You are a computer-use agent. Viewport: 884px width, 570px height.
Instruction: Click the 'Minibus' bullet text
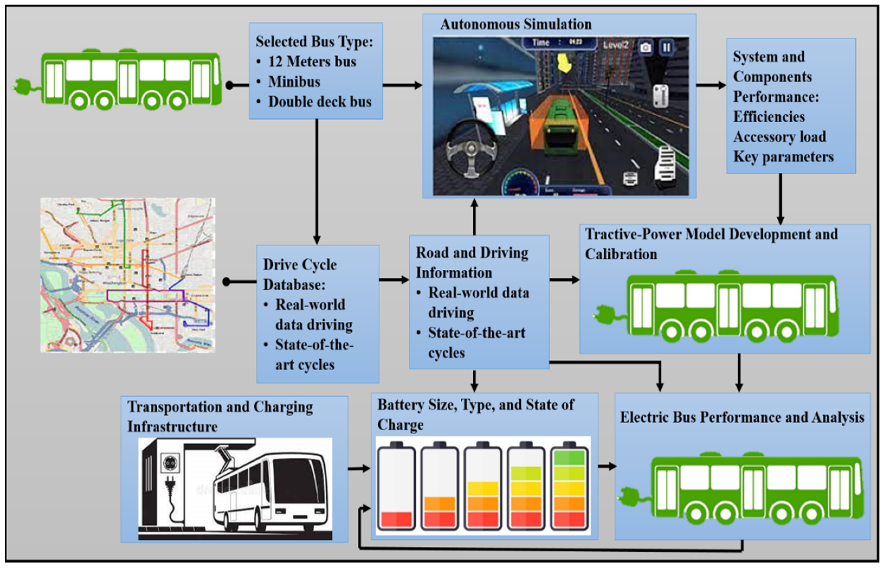pos(294,82)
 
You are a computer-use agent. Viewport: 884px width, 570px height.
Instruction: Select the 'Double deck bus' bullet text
pos(320,102)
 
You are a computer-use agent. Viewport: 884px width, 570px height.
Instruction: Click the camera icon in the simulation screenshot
pos(646,47)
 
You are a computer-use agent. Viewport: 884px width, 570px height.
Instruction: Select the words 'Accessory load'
pos(780,137)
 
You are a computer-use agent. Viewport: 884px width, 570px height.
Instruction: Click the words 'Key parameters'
pos(783,157)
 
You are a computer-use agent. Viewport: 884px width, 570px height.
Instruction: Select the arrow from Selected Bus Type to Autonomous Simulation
pos(402,85)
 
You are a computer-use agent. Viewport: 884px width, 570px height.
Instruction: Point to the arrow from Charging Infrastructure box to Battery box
pos(359,469)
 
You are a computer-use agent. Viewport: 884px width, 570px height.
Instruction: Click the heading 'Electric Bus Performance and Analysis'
pos(742,417)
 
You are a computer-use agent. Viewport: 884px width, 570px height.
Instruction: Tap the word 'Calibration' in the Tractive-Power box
pos(621,254)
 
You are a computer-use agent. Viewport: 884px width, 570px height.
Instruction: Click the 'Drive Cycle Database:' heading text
pos(300,275)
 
